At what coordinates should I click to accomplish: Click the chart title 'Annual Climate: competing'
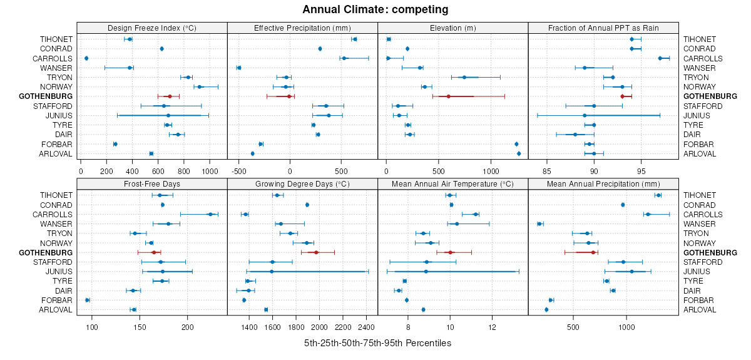(x=375, y=9)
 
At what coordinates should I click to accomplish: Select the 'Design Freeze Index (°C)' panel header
(x=152, y=28)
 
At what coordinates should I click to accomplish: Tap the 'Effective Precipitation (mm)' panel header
(x=302, y=28)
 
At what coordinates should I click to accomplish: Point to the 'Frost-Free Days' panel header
(x=152, y=184)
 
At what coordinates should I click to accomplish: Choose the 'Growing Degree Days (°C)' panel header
(x=302, y=184)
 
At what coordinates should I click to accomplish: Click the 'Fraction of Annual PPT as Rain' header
(x=603, y=28)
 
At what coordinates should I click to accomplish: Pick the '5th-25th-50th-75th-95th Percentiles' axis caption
(x=377, y=343)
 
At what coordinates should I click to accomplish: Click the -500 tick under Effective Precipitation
(x=239, y=169)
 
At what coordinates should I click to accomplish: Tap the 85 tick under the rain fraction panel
(x=546, y=169)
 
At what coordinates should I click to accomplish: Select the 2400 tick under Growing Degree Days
(x=366, y=326)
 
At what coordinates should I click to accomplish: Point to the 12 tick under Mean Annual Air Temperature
(x=492, y=326)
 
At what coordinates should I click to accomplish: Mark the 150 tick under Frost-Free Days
(x=140, y=326)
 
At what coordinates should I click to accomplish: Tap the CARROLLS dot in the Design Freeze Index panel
(x=86, y=58)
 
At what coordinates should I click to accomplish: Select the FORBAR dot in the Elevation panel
(x=516, y=144)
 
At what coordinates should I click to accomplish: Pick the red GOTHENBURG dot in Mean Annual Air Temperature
(x=450, y=252)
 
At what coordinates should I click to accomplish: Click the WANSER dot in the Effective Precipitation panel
(x=238, y=68)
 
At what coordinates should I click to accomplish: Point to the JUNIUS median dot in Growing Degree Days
(x=272, y=272)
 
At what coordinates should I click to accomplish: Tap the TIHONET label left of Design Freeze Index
(x=56, y=39)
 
